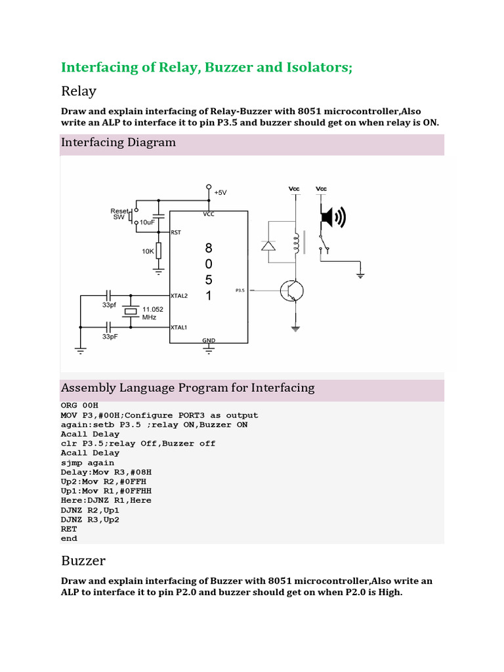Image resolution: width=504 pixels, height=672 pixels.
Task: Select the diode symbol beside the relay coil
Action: coord(268,246)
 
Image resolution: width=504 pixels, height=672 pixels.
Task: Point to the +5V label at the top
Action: coord(220,192)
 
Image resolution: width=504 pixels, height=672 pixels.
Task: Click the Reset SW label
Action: coord(120,214)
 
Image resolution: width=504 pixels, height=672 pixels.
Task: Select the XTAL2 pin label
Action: coord(179,296)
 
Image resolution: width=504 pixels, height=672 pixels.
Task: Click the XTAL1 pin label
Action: coord(179,327)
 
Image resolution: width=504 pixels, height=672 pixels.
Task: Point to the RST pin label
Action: coord(176,232)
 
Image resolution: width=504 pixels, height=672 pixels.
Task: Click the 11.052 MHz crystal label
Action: coord(154,312)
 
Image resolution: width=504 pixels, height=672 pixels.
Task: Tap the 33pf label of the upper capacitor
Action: coord(110,306)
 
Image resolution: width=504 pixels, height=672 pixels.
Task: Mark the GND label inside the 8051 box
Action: coord(209,340)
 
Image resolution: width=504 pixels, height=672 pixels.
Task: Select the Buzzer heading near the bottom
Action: coord(83,560)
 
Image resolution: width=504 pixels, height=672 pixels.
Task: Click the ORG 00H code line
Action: coord(79,406)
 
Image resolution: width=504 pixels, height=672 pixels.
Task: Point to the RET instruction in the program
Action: coord(69,528)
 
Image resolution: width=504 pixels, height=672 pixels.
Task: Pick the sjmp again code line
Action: coord(87,462)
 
